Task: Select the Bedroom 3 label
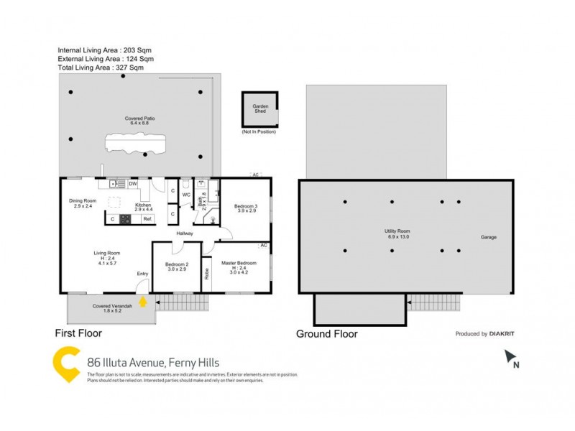coord(245,208)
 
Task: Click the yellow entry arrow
coord(143,302)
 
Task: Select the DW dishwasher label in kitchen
coord(133,184)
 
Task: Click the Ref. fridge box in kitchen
coord(147,218)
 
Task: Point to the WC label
coord(185,195)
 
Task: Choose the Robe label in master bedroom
coord(207,273)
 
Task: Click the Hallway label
coord(185,233)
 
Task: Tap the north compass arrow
coord(511,356)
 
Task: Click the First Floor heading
coord(79,333)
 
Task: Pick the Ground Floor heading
coord(327,334)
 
